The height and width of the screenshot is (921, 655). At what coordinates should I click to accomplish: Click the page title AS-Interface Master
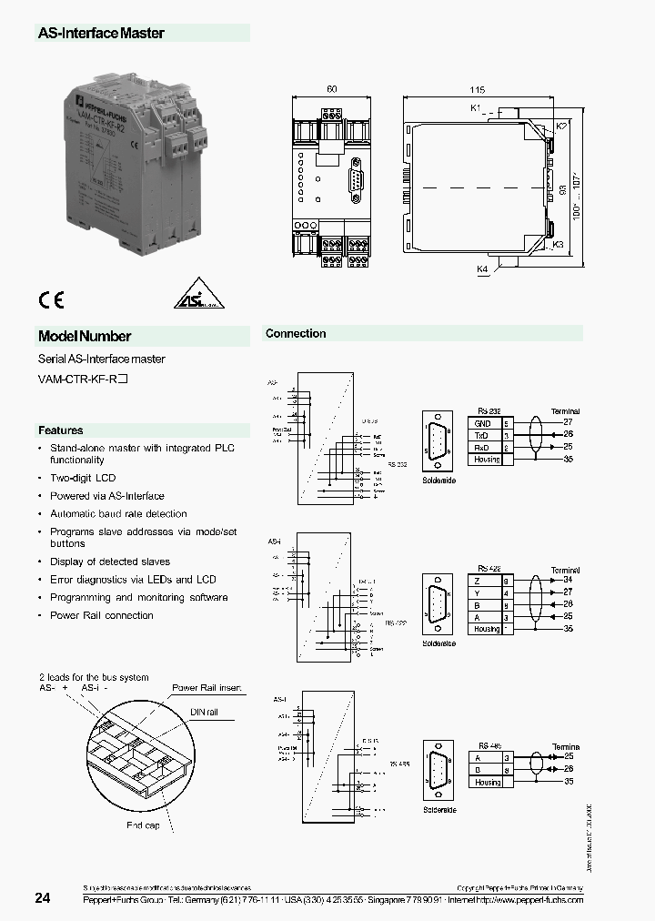[x=101, y=33]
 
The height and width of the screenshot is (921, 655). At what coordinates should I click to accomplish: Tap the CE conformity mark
[x=50, y=301]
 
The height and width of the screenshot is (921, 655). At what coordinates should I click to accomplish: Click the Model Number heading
[x=85, y=336]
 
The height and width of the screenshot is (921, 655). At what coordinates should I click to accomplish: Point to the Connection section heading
[x=296, y=334]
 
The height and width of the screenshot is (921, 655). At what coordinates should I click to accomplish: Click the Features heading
[x=60, y=430]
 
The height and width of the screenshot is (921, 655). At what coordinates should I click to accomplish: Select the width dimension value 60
[x=331, y=90]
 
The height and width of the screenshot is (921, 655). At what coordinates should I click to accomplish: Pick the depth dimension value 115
[x=477, y=90]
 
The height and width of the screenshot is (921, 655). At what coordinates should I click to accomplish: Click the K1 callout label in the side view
[x=475, y=108]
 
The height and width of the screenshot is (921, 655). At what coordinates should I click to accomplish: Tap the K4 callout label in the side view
[x=482, y=269]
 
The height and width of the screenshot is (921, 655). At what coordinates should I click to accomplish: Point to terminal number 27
[x=568, y=423]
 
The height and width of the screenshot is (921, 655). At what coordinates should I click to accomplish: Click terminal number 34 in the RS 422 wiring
[x=568, y=580]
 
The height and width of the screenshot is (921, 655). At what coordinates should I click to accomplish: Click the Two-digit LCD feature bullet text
[x=83, y=478]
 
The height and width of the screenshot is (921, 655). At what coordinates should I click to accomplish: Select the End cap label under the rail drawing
[x=143, y=826]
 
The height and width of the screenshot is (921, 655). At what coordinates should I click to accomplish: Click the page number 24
[x=43, y=898]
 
